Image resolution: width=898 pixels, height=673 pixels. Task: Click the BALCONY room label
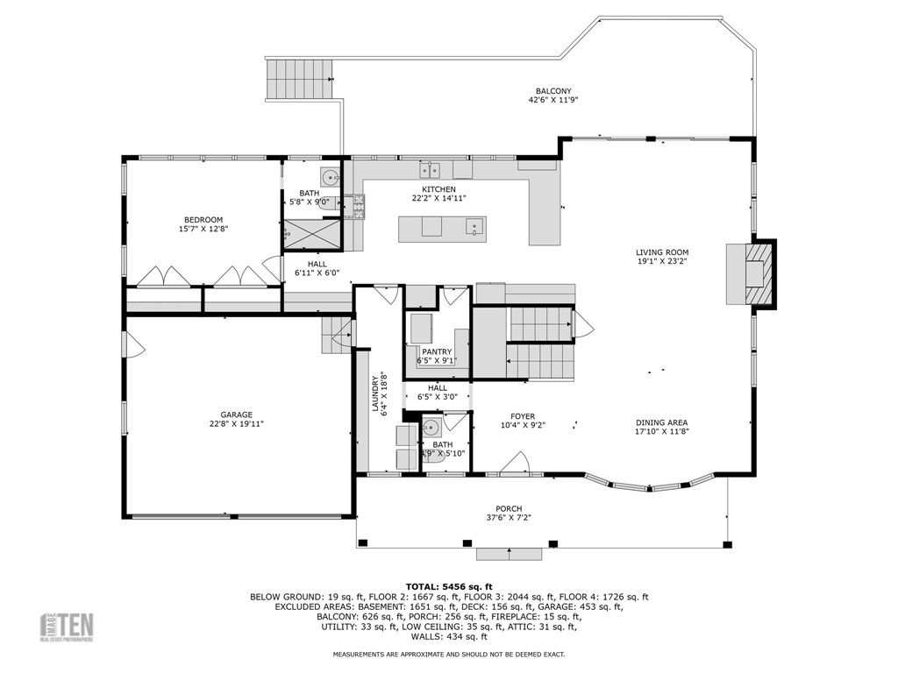click(553, 91)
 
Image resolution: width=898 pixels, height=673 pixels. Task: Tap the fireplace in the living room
click(751, 273)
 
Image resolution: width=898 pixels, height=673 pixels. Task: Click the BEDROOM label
click(203, 220)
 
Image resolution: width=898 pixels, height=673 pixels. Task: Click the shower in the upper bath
click(311, 233)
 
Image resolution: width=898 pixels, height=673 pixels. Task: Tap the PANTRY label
click(437, 352)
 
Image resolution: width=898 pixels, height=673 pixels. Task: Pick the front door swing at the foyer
click(517, 464)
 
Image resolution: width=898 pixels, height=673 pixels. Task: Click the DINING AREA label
click(662, 422)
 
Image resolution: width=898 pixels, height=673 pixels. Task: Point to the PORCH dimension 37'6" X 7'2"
click(509, 518)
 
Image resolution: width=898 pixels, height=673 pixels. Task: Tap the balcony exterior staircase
click(301, 79)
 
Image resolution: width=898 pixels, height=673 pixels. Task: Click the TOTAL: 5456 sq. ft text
click(449, 586)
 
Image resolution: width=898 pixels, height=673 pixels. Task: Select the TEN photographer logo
click(70, 626)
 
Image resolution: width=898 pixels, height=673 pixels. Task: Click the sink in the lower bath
click(430, 428)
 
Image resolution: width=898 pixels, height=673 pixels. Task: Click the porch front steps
click(509, 553)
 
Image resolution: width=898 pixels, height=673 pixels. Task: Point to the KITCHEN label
click(438, 189)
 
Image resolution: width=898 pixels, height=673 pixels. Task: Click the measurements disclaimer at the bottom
click(448, 654)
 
